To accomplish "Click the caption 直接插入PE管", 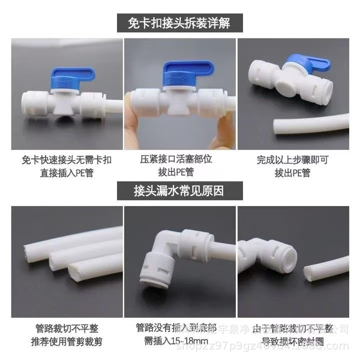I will (x=67, y=173).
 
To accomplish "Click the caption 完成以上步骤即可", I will (x=292, y=160).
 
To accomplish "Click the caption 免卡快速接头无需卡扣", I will (x=67, y=160).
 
